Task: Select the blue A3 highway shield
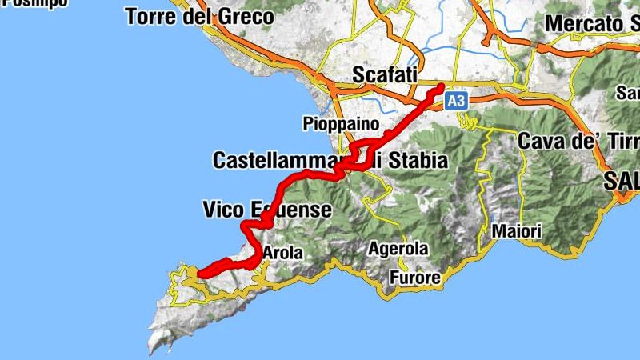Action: [455, 101]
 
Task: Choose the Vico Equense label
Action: [266, 210]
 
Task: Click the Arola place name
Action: [282, 254]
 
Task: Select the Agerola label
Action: [398, 249]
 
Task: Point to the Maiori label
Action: [517, 232]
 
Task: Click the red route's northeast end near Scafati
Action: [441, 86]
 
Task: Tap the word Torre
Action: [150, 16]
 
